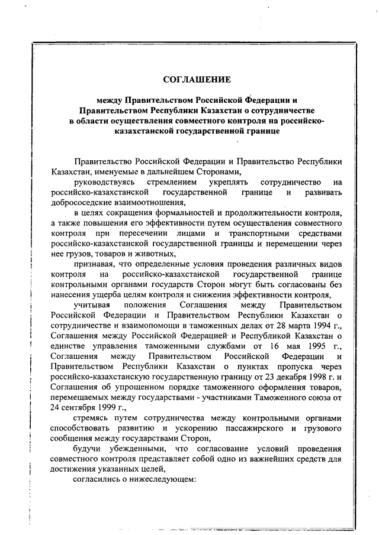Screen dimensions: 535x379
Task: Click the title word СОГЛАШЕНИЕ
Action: point(197,79)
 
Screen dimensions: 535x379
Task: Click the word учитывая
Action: point(91,304)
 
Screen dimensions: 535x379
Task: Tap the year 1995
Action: point(302,345)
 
